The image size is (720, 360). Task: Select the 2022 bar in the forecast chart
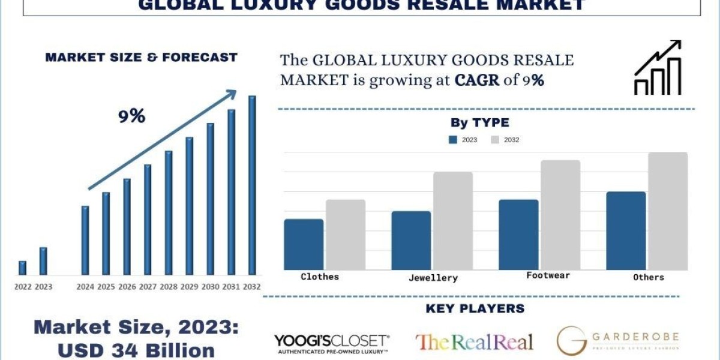(22, 268)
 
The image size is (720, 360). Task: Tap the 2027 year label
(148, 287)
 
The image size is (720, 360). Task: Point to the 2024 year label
(85, 287)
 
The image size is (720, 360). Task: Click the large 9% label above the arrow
(131, 116)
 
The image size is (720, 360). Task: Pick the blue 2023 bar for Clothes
(304, 244)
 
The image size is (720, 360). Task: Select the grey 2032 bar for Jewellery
(453, 221)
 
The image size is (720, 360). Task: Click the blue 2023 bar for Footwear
(518, 235)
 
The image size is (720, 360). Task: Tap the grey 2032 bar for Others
(667, 211)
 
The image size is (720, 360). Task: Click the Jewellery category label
(433, 278)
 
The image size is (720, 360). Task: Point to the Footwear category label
(548, 275)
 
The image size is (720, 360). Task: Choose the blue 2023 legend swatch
(454, 140)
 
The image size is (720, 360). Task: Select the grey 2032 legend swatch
(496, 140)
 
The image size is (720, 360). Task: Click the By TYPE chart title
(479, 123)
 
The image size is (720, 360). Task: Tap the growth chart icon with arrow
(658, 67)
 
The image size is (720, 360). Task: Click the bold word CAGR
(477, 80)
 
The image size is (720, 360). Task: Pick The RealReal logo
(474, 342)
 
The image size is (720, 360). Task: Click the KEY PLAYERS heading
(475, 308)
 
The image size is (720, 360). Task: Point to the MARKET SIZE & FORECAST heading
(141, 58)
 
